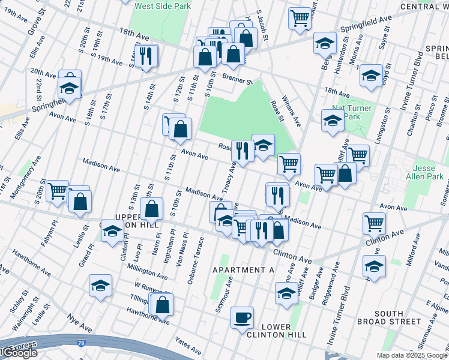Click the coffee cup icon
click(242, 317)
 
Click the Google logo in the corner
click(19, 353)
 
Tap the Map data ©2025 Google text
click(412, 355)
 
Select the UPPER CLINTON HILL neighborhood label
click(137, 220)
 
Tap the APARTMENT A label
click(244, 271)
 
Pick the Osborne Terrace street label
click(196, 259)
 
